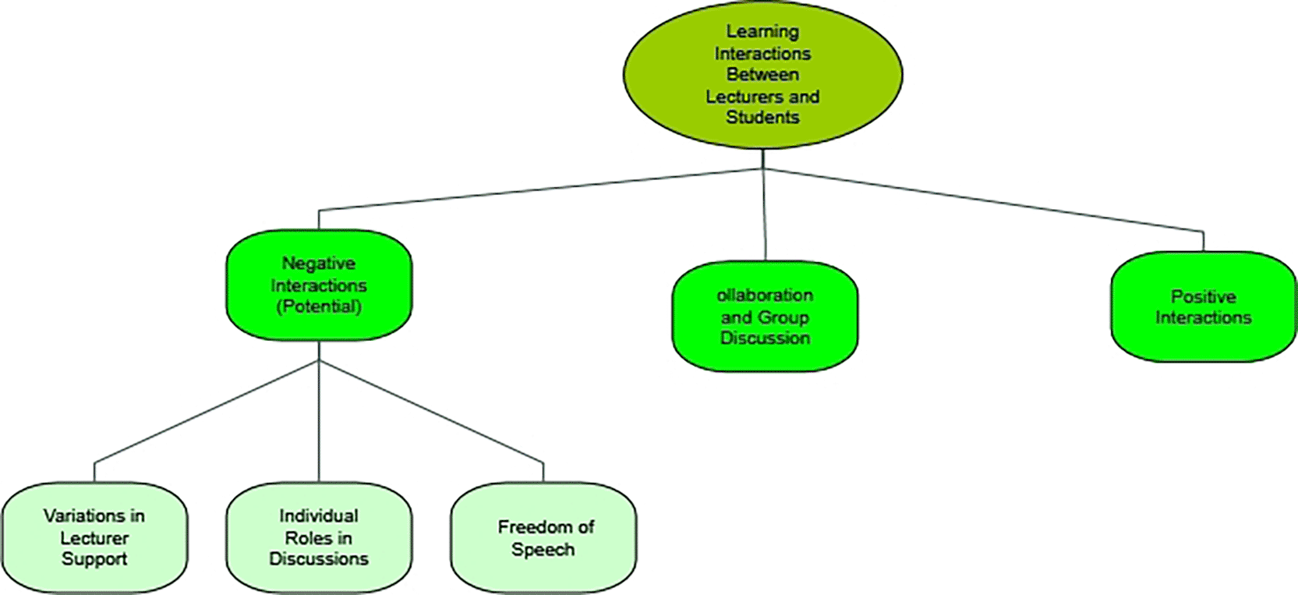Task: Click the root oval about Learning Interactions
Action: [762, 74]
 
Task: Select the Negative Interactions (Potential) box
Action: [319, 285]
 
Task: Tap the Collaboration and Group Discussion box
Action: [765, 316]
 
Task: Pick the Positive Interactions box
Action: [1203, 306]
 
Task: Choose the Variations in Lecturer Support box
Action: [94, 537]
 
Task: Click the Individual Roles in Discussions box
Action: [319, 537]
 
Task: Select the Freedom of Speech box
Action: [543, 537]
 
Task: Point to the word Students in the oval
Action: [762, 117]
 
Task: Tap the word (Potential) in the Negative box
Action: [319, 306]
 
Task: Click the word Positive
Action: [1203, 296]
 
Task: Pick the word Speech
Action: [543, 549]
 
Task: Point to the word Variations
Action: [84, 515]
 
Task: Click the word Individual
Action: [319, 515]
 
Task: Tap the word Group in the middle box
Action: [784, 317]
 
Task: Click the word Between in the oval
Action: [762, 75]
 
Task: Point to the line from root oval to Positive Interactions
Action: [982, 200]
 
